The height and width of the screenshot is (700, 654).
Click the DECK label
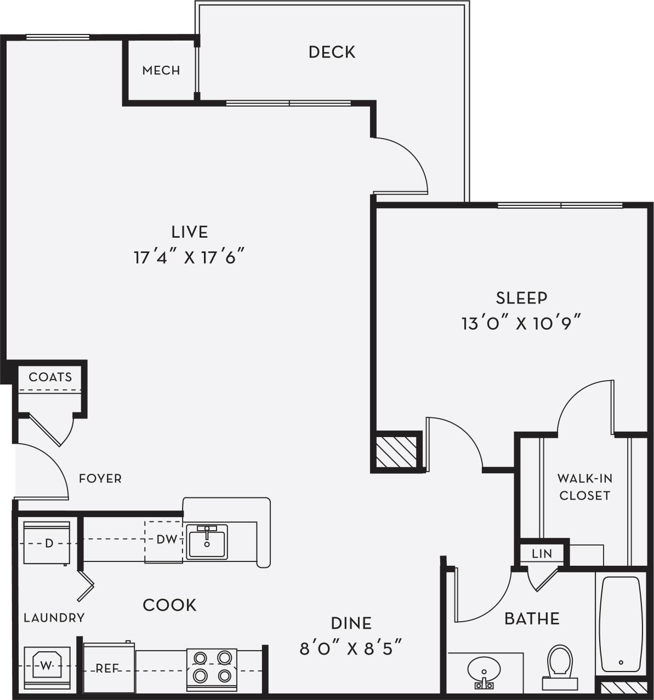(x=332, y=52)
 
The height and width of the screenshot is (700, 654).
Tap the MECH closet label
(x=161, y=70)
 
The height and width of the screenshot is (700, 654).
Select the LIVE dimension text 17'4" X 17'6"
(x=189, y=257)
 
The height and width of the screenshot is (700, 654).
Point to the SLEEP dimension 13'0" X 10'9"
(x=521, y=323)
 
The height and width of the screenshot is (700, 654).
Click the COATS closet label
(x=50, y=377)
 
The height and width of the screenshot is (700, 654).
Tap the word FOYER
(x=100, y=478)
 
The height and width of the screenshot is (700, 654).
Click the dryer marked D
(x=47, y=543)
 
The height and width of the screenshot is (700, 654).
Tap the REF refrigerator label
(x=108, y=669)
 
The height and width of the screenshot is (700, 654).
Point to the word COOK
(x=169, y=605)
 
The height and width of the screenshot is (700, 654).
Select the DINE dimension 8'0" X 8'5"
(x=351, y=649)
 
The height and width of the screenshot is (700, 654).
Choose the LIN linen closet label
(x=542, y=553)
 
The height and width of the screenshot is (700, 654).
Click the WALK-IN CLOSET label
(x=584, y=486)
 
